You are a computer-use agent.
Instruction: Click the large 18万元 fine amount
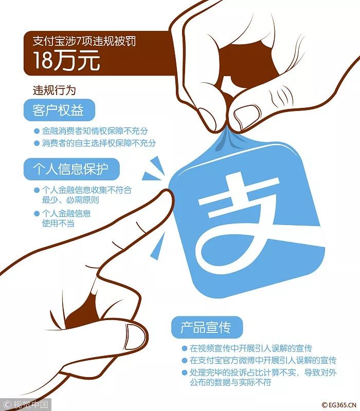pyautogui.click(x=67, y=60)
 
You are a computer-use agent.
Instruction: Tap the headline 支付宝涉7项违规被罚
pyautogui.click(x=84, y=41)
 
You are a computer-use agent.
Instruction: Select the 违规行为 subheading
pyautogui.click(x=54, y=90)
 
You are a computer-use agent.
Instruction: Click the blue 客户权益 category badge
pyautogui.click(x=59, y=110)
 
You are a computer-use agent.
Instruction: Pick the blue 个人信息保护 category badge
pyautogui.click(x=71, y=169)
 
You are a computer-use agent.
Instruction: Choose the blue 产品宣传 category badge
pyautogui.click(x=207, y=327)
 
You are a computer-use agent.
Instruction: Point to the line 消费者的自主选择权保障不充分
pyautogui.click(x=99, y=143)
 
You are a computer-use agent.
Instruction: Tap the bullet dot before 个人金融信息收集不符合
pyautogui.click(x=37, y=190)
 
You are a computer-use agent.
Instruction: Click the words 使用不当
pyautogui.click(x=58, y=223)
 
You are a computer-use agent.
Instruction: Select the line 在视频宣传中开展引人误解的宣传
pyautogui.click(x=251, y=348)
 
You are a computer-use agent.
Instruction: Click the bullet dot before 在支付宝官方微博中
pyautogui.click(x=185, y=361)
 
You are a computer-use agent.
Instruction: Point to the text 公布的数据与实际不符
pyautogui.click(x=230, y=382)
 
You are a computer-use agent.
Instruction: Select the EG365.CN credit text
pyautogui.click(x=340, y=405)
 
